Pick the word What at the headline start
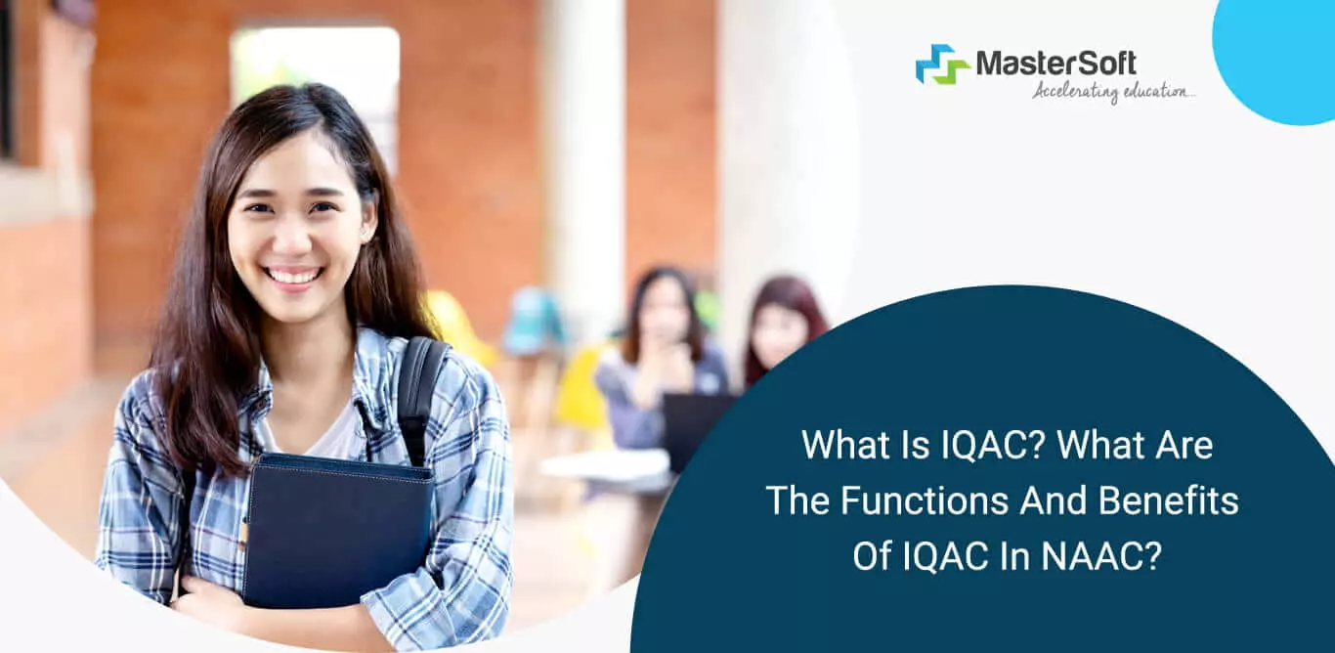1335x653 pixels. click(840, 446)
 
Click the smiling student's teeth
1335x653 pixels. click(293, 276)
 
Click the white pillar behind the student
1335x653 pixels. click(583, 147)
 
